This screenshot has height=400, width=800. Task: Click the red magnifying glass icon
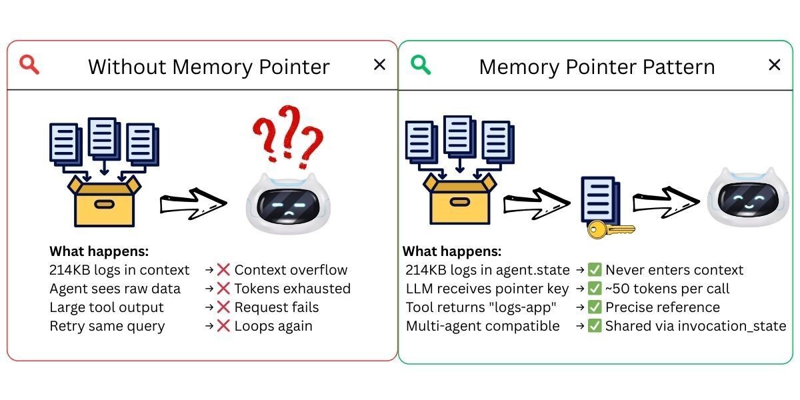click(x=29, y=65)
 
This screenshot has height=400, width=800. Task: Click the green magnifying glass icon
click(x=421, y=65)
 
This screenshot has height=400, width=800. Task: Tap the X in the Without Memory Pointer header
click(x=379, y=65)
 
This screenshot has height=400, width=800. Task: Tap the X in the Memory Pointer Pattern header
click(x=774, y=65)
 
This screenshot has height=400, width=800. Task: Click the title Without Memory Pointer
click(x=209, y=67)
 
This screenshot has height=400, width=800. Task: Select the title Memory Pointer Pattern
click(x=597, y=67)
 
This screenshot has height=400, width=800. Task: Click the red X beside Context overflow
click(x=223, y=270)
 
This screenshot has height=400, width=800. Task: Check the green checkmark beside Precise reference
click(x=595, y=307)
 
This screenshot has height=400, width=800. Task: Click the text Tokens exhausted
click(x=292, y=289)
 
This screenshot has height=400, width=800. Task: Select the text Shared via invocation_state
click(x=695, y=326)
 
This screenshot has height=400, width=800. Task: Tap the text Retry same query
click(x=107, y=326)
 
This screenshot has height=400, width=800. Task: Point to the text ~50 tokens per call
click(x=667, y=289)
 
